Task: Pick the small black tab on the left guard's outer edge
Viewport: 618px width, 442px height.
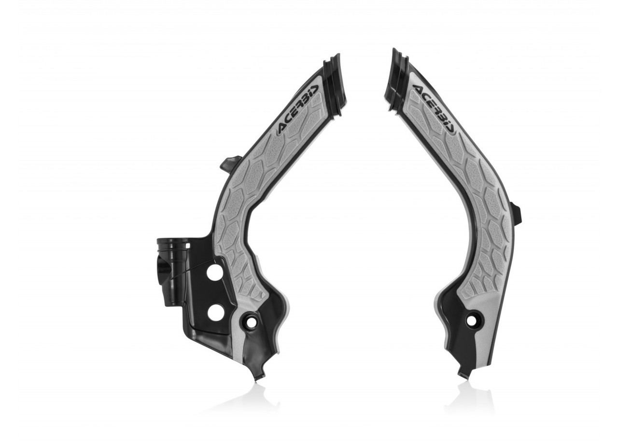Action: click(229, 163)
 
